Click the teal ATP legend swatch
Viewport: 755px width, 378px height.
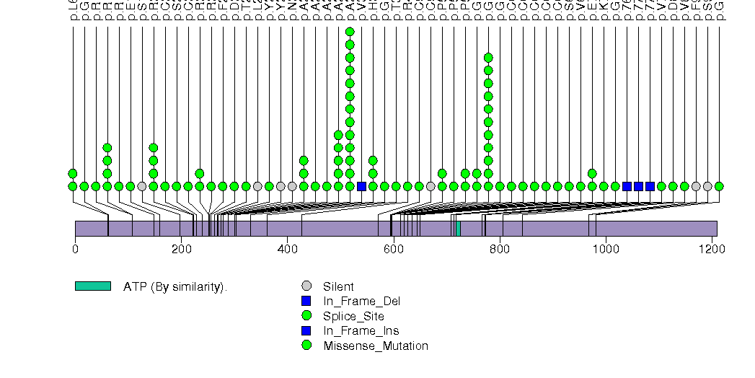tap(93, 286)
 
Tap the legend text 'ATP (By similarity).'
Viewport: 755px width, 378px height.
tap(175, 287)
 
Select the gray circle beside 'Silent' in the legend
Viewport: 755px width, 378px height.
tap(307, 286)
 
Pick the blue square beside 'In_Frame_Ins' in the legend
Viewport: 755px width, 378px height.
tap(307, 330)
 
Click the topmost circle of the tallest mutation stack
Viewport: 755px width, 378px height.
tap(350, 32)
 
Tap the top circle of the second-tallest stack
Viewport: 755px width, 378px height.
tap(488, 58)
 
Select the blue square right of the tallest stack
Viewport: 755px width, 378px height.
tap(361, 186)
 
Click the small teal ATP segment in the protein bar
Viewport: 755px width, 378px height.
tap(458, 228)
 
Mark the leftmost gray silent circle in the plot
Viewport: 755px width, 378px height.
tap(142, 186)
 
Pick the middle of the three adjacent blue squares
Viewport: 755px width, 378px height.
tap(638, 186)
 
